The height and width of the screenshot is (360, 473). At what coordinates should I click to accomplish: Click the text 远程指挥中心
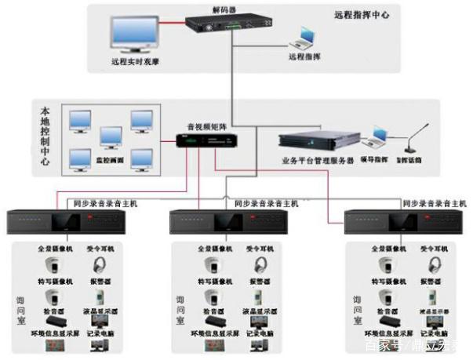point(362,14)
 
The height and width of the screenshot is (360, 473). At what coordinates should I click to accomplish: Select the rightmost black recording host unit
point(402,220)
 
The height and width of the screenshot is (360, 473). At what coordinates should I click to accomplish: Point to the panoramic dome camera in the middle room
point(211,265)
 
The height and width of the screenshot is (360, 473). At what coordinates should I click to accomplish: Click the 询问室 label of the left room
point(21,310)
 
